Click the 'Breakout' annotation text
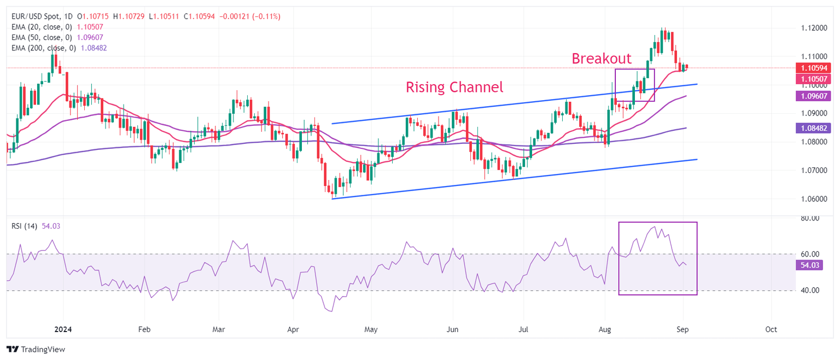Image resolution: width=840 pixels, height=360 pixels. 602,59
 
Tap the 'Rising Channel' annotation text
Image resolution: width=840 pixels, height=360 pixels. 454,87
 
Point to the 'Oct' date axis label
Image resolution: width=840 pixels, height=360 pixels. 771,329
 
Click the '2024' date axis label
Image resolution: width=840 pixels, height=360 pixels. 63,329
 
